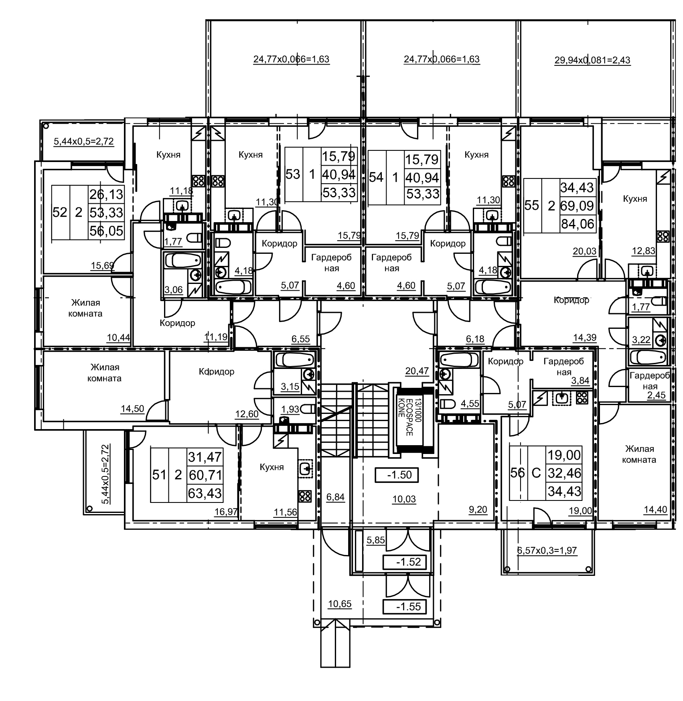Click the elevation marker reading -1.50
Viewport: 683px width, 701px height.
396,475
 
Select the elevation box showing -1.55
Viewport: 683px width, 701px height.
404,606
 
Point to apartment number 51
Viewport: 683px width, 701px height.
159,475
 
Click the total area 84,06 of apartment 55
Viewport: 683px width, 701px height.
578,224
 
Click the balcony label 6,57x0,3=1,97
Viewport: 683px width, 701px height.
547,550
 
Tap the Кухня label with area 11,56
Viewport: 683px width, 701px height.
272,467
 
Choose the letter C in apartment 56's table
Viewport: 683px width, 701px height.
536,473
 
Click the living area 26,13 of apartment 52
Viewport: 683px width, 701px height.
106,194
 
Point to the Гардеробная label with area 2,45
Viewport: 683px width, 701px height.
650,381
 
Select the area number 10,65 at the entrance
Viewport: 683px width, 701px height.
340,604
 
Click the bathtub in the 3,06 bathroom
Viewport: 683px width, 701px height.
182,260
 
